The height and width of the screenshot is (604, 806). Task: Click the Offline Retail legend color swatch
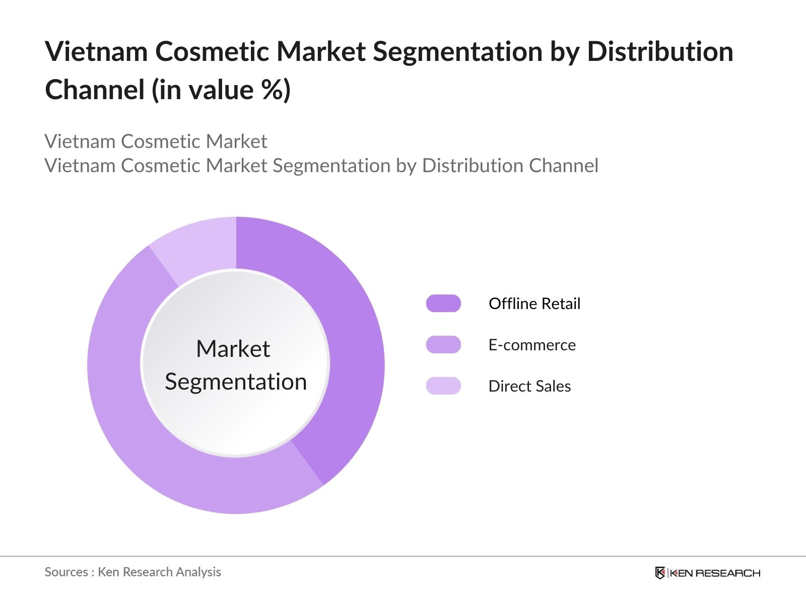443,304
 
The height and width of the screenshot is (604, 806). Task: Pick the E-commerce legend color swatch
443,345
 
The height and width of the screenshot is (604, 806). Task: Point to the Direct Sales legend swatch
443,386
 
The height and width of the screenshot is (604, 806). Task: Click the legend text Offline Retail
534,304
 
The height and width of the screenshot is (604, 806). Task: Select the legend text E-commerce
532,345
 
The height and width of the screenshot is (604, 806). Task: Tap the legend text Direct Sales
529,386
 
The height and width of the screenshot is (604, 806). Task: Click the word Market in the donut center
233,349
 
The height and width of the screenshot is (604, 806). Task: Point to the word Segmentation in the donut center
236,382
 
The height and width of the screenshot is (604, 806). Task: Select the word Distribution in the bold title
660,51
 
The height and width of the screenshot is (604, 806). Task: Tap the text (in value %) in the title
222,90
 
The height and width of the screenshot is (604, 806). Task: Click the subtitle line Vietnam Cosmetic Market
156,141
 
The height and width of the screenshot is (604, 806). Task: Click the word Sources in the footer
66,572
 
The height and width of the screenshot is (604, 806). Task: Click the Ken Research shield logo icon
660,573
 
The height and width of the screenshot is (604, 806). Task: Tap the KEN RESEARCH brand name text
715,573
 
